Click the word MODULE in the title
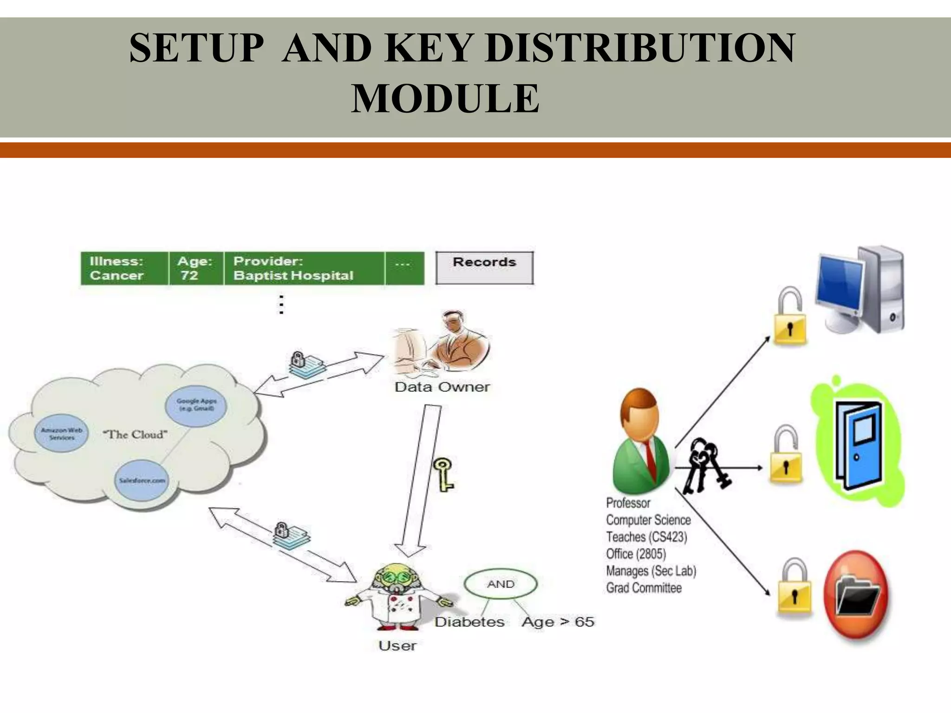[445, 98]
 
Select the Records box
[484, 267]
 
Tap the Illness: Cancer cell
[124, 268]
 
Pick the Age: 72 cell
[195, 268]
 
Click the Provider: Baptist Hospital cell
[304, 268]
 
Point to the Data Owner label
[442, 387]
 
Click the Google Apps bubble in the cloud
[196, 405]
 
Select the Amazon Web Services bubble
[61, 434]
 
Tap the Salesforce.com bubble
[142, 480]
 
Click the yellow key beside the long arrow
[443, 474]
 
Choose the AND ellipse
[501, 584]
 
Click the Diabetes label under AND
[469, 622]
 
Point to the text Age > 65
[558, 622]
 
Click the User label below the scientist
[397, 646]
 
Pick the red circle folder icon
[856, 595]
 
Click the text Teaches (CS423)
[646, 537]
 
